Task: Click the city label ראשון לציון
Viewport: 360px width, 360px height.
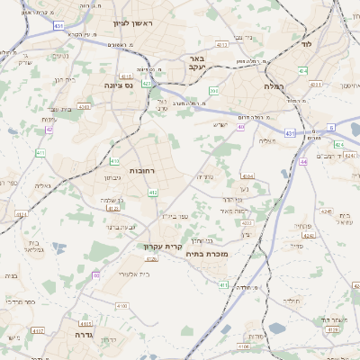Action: pyautogui.click(x=135, y=22)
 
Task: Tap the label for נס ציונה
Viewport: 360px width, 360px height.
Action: pyautogui.click(x=118, y=86)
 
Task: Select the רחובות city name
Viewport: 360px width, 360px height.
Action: pyautogui.click(x=145, y=170)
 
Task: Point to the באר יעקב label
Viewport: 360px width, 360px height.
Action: pyautogui.click(x=196, y=62)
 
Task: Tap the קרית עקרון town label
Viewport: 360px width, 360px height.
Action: pyautogui.click(x=163, y=246)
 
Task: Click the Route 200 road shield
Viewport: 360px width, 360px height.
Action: pyautogui.click(x=214, y=91)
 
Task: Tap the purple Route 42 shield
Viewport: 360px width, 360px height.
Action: pyautogui.click(x=49, y=130)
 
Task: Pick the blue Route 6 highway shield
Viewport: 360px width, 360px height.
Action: pyautogui.click(x=331, y=128)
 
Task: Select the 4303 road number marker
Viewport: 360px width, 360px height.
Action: pyautogui.click(x=84, y=106)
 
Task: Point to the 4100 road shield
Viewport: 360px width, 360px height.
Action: pyautogui.click(x=122, y=305)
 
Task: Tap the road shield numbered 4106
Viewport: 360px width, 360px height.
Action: pyautogui.click(x=150, y=258)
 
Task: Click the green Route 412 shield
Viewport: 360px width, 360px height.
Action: pyautogui.click(x=153, y=192)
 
